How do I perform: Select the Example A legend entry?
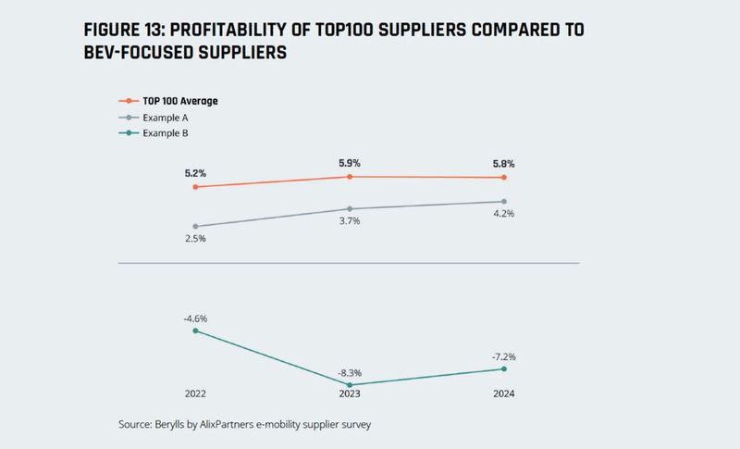tap(167, 118)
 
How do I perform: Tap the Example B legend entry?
tap(167, 133)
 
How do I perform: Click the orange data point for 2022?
tap(195, 187)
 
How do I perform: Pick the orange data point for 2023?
tap(350, 176)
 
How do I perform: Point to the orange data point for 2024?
tap(504, 178)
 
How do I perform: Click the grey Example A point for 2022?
tap(195, 226)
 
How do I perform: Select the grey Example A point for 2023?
tap(350, 209)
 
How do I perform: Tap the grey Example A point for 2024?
tap(504, 202)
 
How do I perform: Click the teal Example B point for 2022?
tap(195, 331)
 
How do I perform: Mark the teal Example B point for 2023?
tap(350, 385)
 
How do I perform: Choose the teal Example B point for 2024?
tap(504, 369)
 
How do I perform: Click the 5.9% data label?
tap(350, 163)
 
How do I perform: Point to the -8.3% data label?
tap(350, 371)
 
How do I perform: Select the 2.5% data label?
tap(195, 239)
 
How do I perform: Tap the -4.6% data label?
tap(195, 318)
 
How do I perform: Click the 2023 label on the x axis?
tap(350, 394)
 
